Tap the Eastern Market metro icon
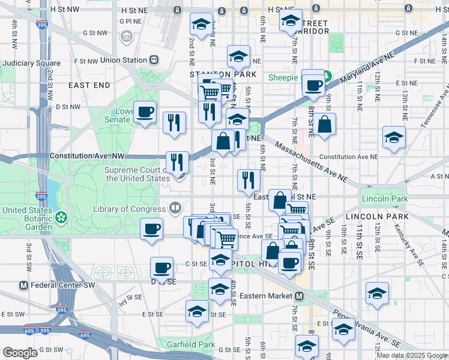(299, 296)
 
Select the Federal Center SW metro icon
(25, 285)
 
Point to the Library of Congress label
(130, 209)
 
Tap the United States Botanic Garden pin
(61, 216)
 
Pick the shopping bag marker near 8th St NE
(324, 125)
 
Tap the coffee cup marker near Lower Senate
(145, 112)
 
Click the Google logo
(20, 353)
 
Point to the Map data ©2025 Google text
(412, 355)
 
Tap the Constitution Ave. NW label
(87, 155)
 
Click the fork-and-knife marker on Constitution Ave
(178, 161)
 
